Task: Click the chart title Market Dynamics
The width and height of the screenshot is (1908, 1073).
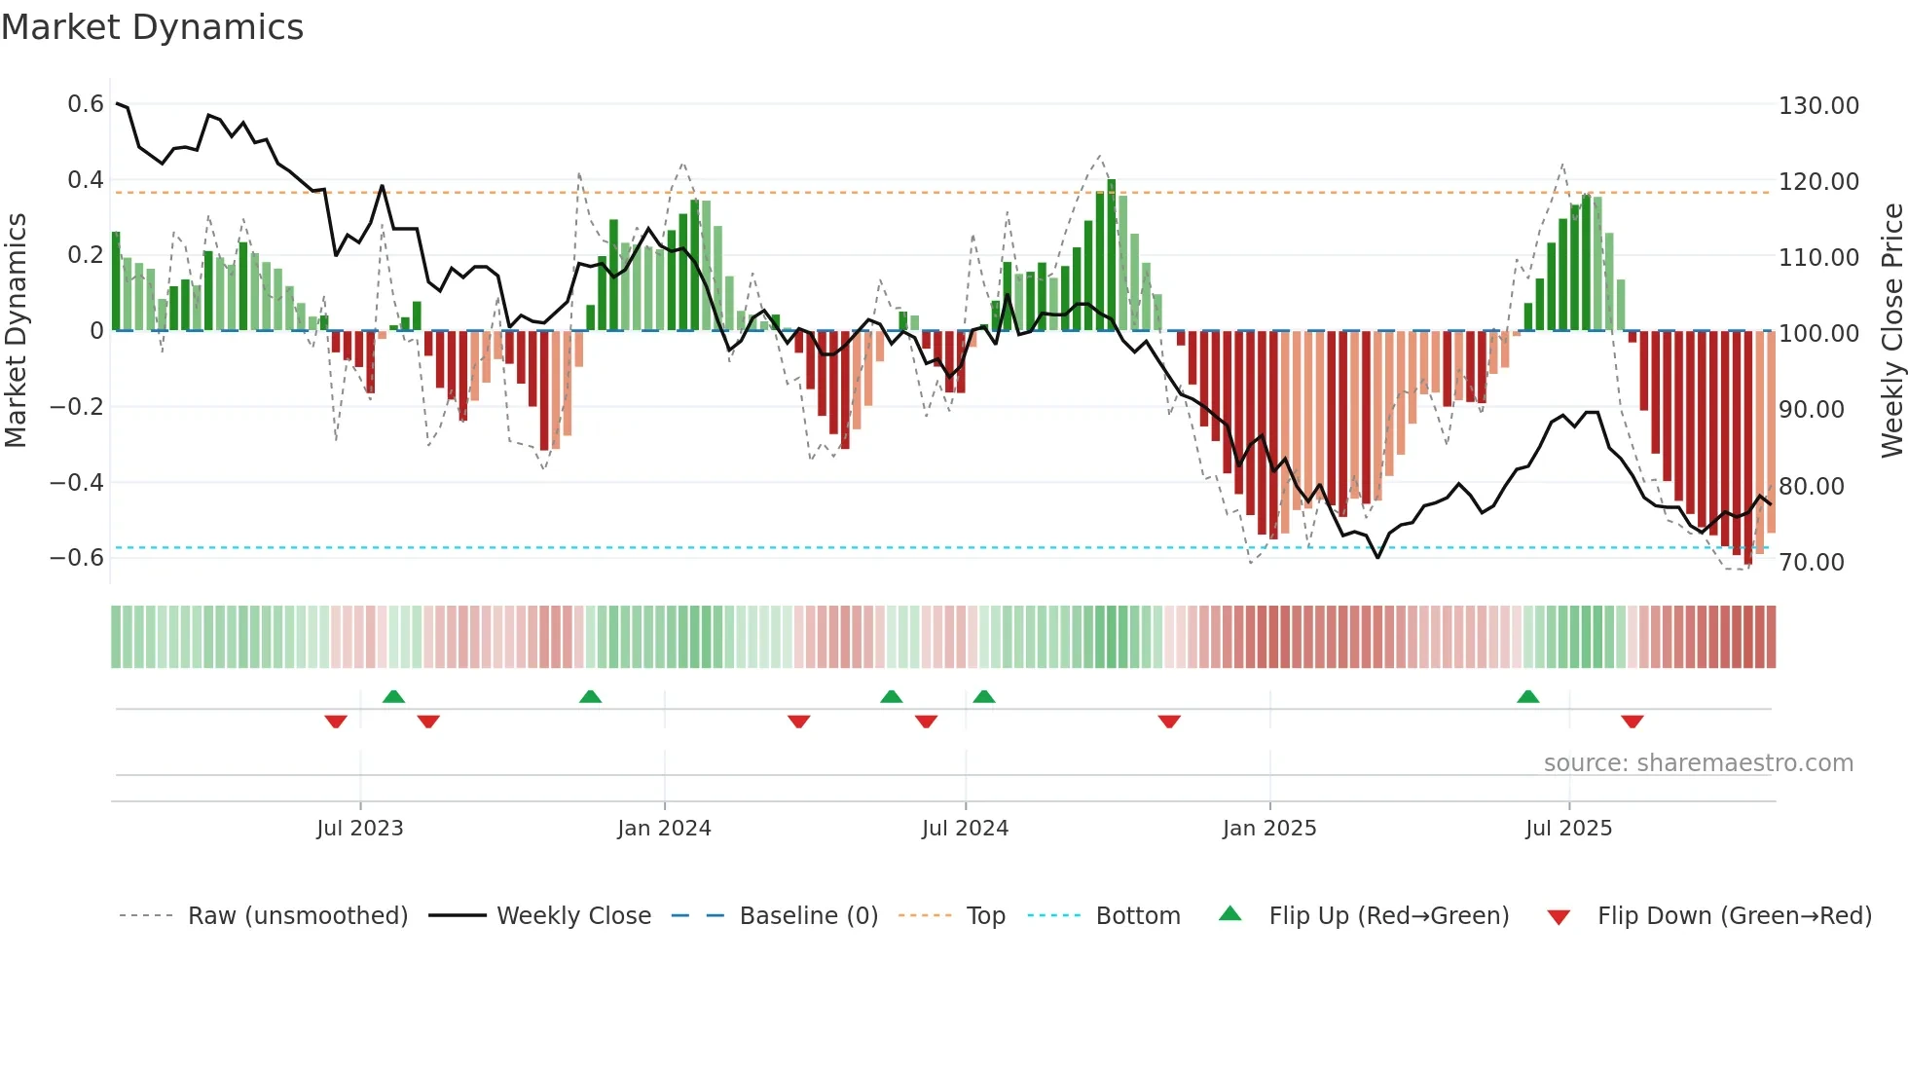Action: click(153, 27)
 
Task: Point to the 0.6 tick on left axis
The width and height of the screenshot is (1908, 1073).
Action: click(86, 104)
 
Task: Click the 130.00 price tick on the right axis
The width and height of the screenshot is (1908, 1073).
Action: click(1818, 105)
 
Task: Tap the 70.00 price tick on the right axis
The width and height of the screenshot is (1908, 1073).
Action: click(1811, 562)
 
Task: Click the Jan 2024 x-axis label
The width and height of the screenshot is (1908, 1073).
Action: click(664, 829)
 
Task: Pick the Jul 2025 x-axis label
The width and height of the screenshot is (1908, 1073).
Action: click(1568, 829)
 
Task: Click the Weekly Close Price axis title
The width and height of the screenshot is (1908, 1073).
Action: click(1891, 330)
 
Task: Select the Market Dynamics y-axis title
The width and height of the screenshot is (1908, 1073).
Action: click(17, 330)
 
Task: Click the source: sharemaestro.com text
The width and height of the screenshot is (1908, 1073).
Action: click(1698, 763)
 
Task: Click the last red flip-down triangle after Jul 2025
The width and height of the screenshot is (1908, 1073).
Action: click(1633, 721)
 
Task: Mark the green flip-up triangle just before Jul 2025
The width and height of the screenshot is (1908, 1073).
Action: click(1527, 697)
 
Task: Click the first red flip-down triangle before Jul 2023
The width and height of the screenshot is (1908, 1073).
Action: click(336, 721)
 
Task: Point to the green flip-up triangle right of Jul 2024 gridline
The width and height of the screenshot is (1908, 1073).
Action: click(984, 697)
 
